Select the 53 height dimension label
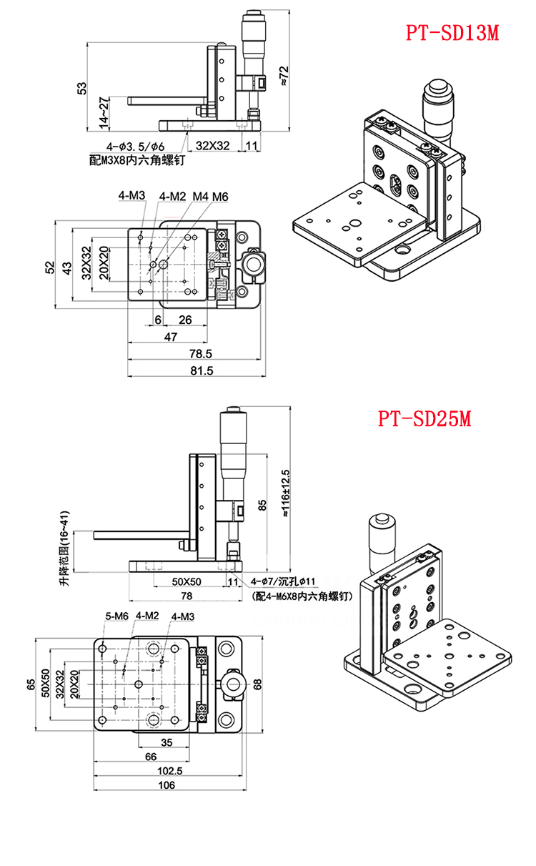82,87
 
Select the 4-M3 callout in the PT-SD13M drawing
131,195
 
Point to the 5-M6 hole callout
116,616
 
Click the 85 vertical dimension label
263,506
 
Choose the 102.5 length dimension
169,771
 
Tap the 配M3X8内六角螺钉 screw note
137,160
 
